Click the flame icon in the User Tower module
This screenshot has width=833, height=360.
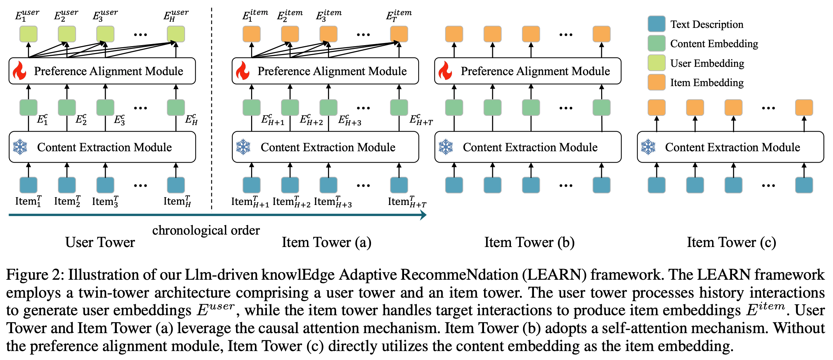(19, 71)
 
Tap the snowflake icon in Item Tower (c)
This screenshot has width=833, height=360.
(648, 147)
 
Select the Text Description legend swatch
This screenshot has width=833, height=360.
(656, 24)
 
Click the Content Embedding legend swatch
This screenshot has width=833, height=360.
(656, 44)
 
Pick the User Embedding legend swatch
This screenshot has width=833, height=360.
(656, 63)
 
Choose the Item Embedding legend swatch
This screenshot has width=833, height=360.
(656, 82)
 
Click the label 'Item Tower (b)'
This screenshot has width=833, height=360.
(529, 242)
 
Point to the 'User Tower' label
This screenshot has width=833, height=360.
(100, 242)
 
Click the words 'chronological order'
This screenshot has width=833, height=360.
(206, 230)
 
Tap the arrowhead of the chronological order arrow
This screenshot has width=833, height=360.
(423, 215)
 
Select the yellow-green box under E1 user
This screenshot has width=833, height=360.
(28, 34)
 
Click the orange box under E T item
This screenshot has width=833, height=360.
(399, 34)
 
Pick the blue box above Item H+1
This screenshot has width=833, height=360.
(251, 185)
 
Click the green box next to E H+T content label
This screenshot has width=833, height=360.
(399, 107)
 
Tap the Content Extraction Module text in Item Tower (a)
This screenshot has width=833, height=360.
(328, 147)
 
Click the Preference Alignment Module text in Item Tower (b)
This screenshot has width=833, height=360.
(535, 71)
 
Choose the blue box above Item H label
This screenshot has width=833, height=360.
(176, 185)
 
